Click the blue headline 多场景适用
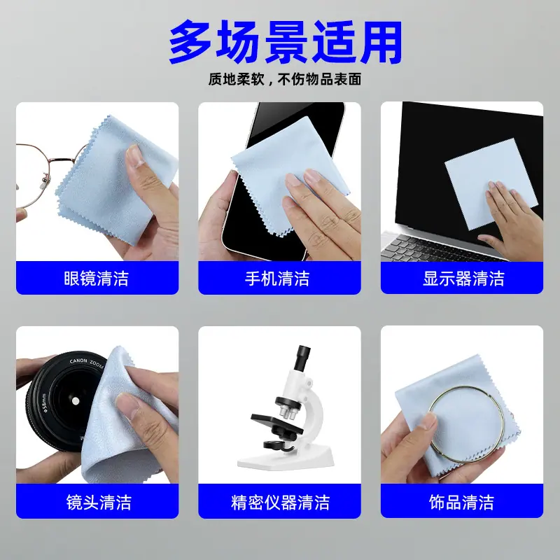point(286,42)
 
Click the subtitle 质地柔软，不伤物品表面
point(285,79)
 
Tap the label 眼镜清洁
point(97,279)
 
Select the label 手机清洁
point(277,279)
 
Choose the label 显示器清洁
point(463,279)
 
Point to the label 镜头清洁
point(99,502)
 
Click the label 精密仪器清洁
point(280,502)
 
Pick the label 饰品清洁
point(461,502)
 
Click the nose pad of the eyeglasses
point(45,180)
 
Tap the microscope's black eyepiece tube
point(301,358)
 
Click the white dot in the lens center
point(75,401)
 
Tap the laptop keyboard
point(440,247)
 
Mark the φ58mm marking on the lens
point(43,403)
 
